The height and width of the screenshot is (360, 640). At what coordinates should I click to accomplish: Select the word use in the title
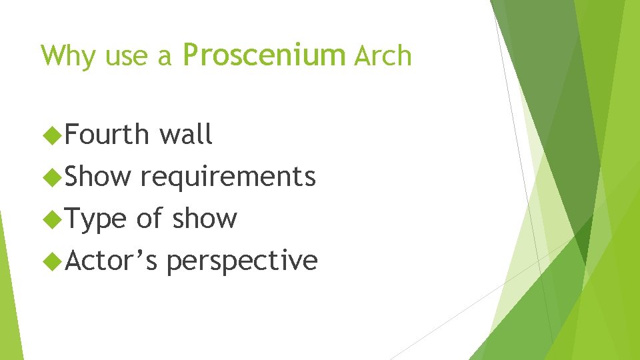coord(127,57)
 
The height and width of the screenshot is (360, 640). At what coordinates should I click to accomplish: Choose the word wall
coord(186,135)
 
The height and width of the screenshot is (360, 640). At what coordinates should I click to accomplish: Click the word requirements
coord(228,177)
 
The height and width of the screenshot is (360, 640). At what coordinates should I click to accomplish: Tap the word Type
coord(96,219)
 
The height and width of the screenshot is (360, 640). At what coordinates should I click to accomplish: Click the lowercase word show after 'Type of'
coord(205,219)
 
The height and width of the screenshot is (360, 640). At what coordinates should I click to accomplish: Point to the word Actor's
coord(111,260)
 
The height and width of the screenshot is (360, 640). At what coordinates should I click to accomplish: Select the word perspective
coord(242,261)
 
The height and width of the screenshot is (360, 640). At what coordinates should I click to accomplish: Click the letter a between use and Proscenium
coord(165,59)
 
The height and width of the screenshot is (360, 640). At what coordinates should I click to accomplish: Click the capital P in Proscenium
coord(191,55)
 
